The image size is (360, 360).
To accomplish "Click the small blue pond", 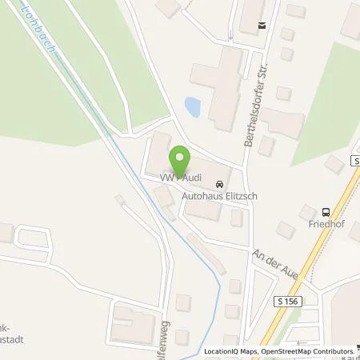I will click(192, 105).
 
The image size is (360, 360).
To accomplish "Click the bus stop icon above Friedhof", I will click(325, 212).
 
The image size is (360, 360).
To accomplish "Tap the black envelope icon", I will click(261, 26).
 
